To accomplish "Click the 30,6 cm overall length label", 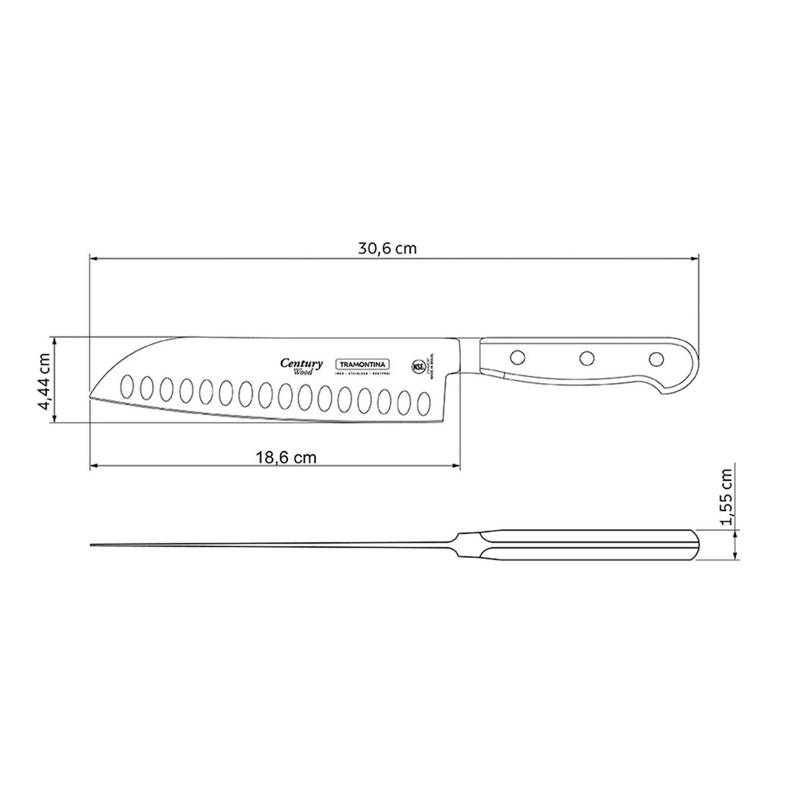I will tap(387, 249).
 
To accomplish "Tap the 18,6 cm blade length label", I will tap(285, 457).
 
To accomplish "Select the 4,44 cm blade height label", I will tap(45, 381).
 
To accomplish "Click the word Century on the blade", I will tap(300, 364).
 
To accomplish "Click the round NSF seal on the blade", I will tap(416, 365).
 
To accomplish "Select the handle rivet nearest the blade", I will tap(516, 356).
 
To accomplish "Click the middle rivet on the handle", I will tap(587, 357).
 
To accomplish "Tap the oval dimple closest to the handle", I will tap(423, 401).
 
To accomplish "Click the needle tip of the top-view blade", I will tap(91, 544).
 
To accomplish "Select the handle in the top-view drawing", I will tap(576, 544).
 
